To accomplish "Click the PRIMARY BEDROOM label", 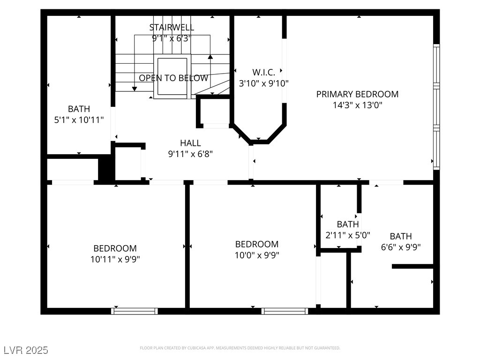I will (357, 94).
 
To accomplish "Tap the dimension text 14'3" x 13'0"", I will (357, 105).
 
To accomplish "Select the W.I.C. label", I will (260, 72).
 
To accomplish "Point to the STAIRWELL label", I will (172, 27).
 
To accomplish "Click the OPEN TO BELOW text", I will (173, 78).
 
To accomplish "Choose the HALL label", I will (190, 143).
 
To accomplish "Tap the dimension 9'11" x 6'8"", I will (190, 154).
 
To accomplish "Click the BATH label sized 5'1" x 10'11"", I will (79, 109).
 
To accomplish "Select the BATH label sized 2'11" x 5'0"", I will (348, 225).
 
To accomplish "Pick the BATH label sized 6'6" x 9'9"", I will (401, 236).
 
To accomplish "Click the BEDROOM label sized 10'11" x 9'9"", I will (115, 248).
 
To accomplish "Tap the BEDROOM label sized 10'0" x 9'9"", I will (256, 244).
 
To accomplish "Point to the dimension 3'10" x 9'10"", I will (263, 83).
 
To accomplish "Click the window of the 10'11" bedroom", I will (135, 311).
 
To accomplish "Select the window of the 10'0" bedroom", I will (285, 311).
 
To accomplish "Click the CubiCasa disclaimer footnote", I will (240, 348).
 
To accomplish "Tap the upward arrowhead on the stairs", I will (210, 57).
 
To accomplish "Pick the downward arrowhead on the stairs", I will (135, 89).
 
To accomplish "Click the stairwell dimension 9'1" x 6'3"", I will (172, 38).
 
